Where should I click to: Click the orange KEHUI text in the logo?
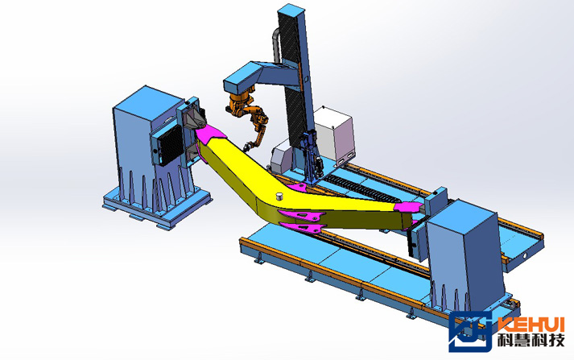pos(531,325)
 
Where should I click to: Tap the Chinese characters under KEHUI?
pos(531,341)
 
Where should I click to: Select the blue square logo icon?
pos(470,332)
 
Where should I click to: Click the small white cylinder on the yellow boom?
pos(280,196)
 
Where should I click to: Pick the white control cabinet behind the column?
pos(334,134)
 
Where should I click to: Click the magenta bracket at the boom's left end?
pos(209,133)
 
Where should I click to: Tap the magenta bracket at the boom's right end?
pos(408,207)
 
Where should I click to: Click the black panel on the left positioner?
pos(171,146)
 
